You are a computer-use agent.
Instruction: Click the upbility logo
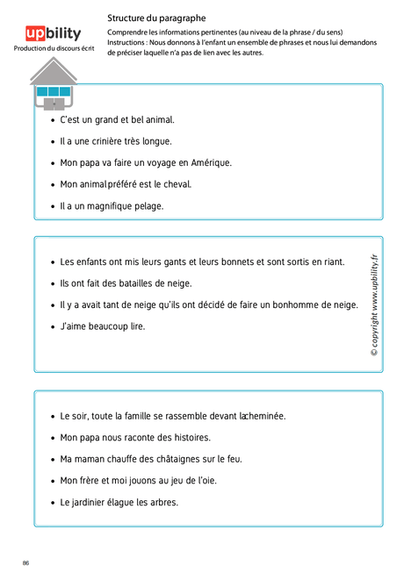(x=54, y=33)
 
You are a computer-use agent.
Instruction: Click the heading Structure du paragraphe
(x=156, y=17)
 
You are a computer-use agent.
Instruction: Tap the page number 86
(x=25, y=562)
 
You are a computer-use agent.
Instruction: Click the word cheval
(x=177, y=184)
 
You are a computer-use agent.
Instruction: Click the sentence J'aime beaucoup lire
(x=102, y=326)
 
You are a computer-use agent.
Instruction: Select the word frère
(x=93, y=481)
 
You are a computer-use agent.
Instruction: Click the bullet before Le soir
(x=53, y=417)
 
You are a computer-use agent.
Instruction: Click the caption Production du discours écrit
(x=54, y=49)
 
